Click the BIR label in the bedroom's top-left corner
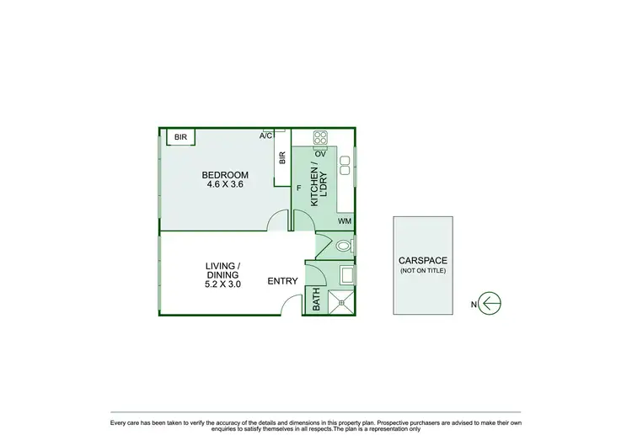point(179,137)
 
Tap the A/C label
point(265,135)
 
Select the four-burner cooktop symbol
point(320,138)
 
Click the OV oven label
point(320,154)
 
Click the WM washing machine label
point(344,221)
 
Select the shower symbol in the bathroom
point(341,301)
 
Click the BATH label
point(317,300)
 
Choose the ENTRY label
point(282,281)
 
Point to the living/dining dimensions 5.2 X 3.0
point(223,284)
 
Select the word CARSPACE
point(422,261)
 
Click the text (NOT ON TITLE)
point(422,271)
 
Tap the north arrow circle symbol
point(490,303)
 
